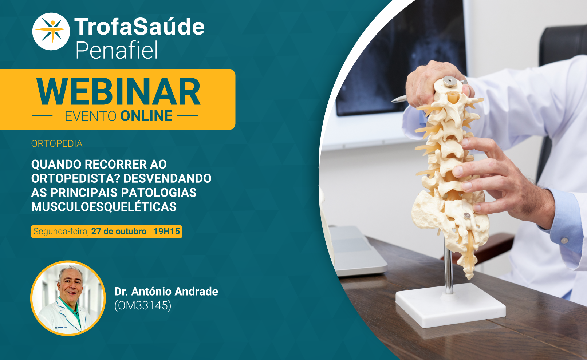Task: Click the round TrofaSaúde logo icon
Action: pyautogui.click(x=51, y=31)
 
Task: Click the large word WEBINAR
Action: pyautogui.click(x=118, y=91)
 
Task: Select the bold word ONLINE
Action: pyautogui.click(x=146, y=116)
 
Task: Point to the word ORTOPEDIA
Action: pyautogui.click(x=56, y=143)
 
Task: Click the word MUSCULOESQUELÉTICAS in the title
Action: pyautogui.click(x=104, y=207)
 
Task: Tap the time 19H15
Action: pyautogui.click(x=167, y=232)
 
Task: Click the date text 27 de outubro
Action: pyautogui.click(x=119, y=232)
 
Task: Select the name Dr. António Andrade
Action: pyautogui.click(x=166, y=291)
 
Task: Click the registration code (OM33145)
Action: pyautogui.click(x=143, y=305)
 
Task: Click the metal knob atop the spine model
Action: pyautogui.click(x=450, y=82)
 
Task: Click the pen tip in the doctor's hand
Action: pyautogui.click(x=394, y=100)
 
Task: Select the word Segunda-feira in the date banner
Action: pyautogui.click(x=61, y=232)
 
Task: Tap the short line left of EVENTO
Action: pyautogui.click(x=42, y=115)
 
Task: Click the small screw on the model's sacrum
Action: pyautogui.click(x=467, y=216)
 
